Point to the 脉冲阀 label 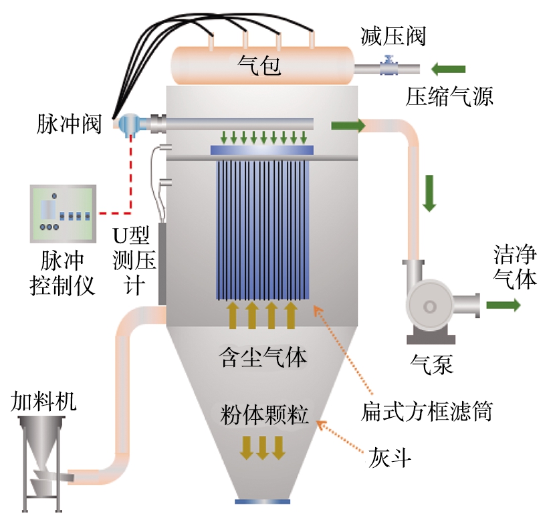(x=69, y=124)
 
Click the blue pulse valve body (x=130, y=124)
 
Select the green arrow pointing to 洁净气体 (x=503, y=305)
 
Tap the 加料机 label (x=43, y=401)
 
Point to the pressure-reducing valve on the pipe (x=386, y=68)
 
